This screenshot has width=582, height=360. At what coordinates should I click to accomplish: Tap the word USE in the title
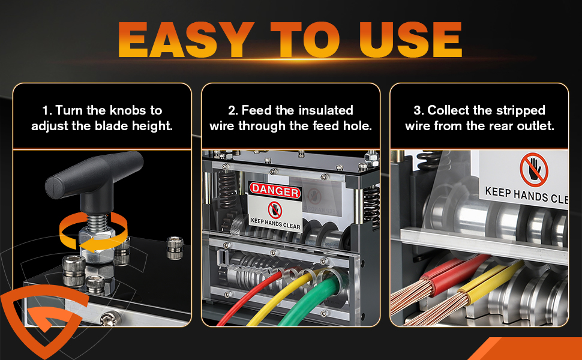pyautogui.click(x=410, y=40)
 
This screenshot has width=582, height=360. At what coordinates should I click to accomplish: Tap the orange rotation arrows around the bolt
pyautogui.click(x=94, y=232)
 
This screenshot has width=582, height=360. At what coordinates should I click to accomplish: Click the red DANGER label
pyautogui.click(x=275, y=191)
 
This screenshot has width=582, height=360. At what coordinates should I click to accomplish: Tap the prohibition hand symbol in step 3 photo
pyautogui.click(x=534, y=170)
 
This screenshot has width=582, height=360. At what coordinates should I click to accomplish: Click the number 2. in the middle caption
pyautogui.click(x=233, y=110)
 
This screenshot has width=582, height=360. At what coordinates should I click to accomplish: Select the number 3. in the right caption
pyautogui.click(x=419, y=110)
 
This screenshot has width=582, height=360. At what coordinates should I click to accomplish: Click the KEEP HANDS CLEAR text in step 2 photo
pyautogui.click(x=275, y=224)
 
